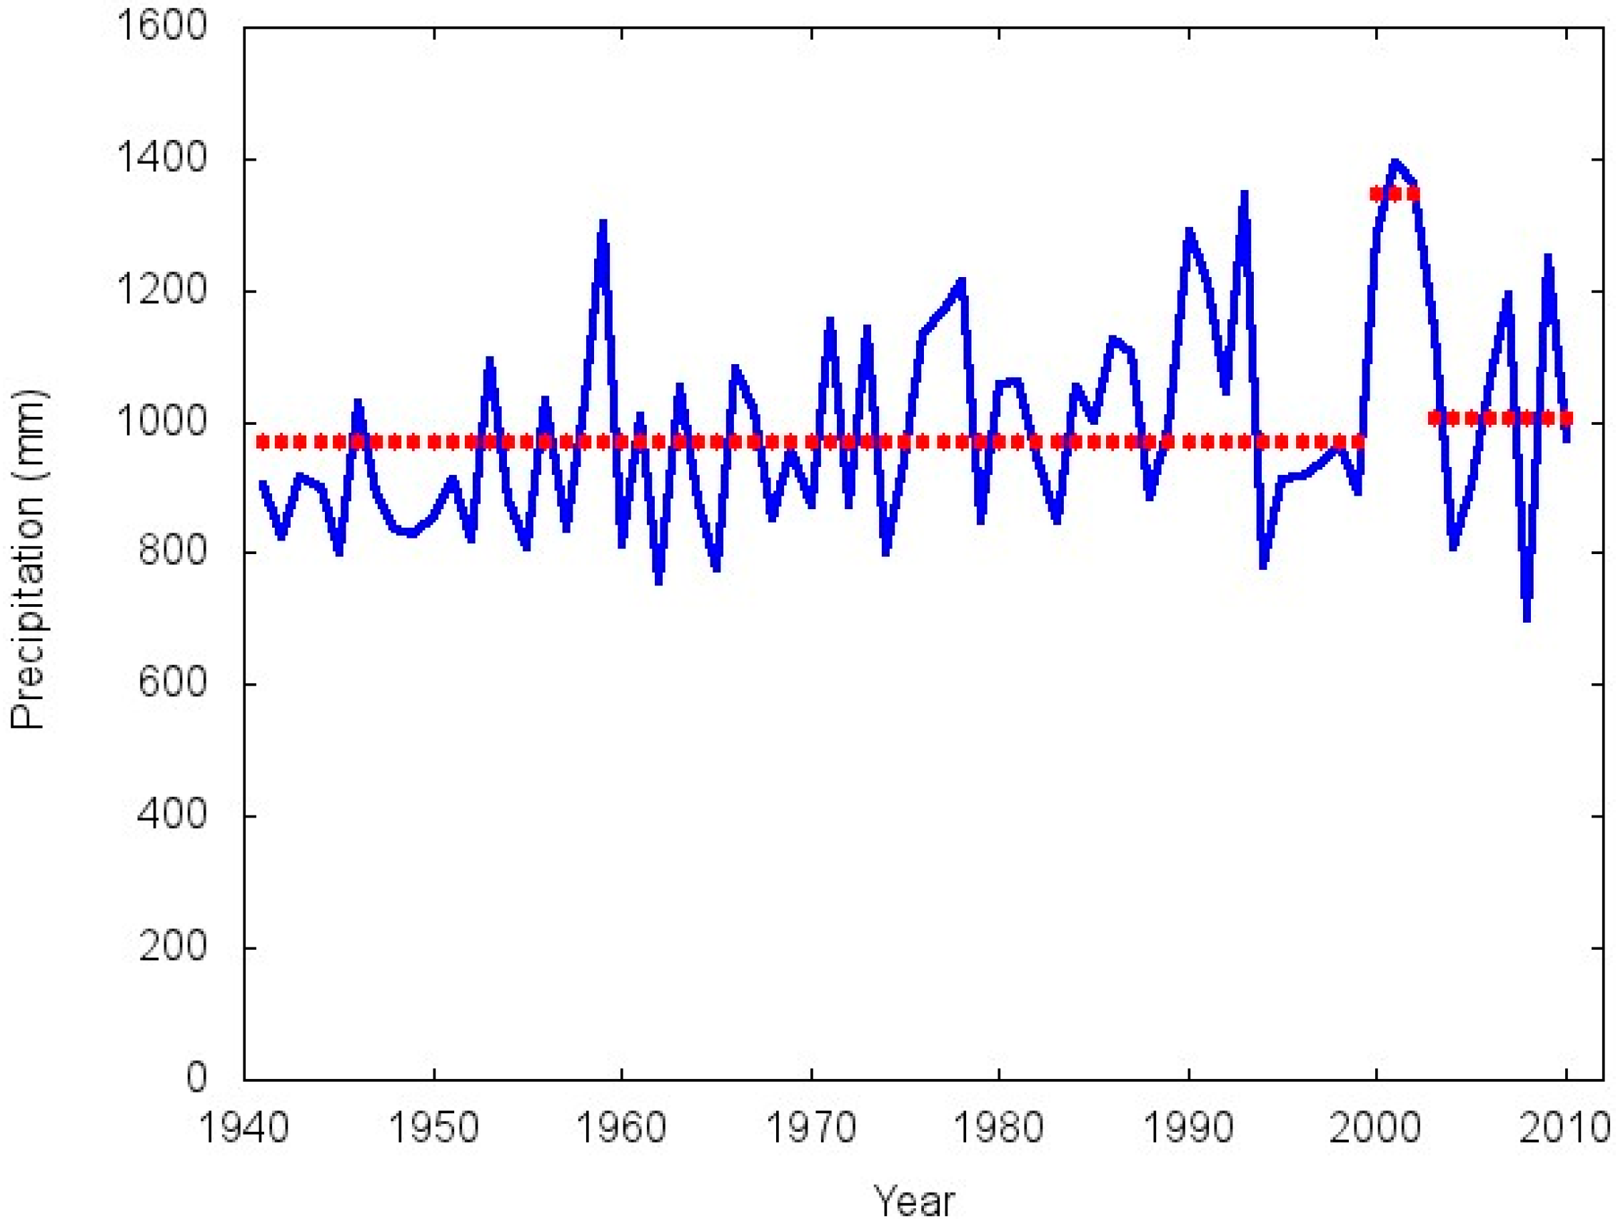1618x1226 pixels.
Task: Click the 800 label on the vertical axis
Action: [173, 553]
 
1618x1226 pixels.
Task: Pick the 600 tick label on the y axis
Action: [173, 684]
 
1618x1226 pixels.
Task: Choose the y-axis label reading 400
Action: [173, 815]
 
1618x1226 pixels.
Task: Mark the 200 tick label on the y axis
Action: [173, 948]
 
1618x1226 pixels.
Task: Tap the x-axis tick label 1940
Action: [244, 1127]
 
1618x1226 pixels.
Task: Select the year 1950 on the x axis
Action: [433, 1127]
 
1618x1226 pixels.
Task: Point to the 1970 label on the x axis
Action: [811, 1127]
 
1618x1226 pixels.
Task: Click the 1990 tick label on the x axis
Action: [1189, 1127]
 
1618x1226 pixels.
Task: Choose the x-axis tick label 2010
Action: [1565, 1127]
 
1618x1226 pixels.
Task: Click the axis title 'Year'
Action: [915, 1201]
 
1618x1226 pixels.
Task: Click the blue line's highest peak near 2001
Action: [1395, 162]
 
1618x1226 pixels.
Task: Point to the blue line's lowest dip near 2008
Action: [1527, 618]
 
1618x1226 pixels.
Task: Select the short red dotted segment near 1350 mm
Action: [1395, 194]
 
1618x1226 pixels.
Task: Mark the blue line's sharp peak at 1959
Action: [603, 223]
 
